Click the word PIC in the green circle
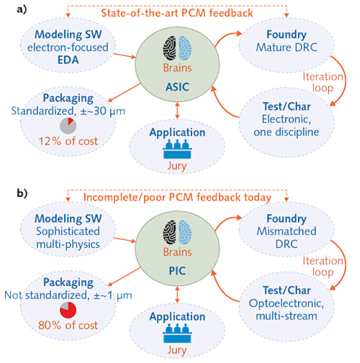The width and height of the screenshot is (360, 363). pos(179,265)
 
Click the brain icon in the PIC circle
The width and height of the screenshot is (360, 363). pos(179,232)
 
